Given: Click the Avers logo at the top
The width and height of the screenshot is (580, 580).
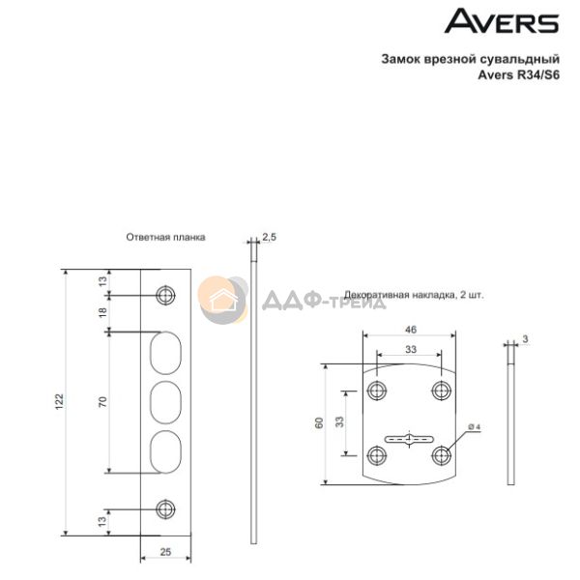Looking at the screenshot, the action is (502, 21).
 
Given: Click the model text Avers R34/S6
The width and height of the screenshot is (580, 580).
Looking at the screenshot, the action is (518, 75).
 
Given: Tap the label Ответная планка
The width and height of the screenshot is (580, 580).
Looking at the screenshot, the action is (165, 237).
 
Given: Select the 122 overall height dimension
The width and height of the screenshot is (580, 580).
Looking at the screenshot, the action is (59, 402).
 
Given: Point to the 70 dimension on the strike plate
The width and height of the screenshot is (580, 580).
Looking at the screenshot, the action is (102, 402).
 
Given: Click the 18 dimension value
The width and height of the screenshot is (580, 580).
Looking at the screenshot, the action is (102, 312).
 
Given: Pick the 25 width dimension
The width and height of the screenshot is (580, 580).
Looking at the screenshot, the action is (165, 552).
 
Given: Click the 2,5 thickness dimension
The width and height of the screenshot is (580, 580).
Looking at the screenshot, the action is (270, 237).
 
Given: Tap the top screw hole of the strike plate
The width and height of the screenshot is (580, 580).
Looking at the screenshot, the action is (165, 295).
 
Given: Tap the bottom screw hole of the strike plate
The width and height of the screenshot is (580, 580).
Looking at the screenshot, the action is (165, 509).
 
